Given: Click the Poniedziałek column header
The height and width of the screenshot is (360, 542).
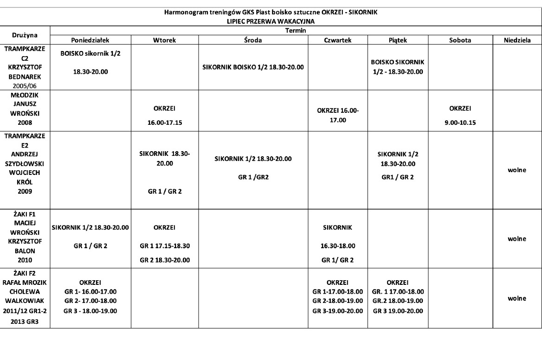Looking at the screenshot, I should coord(90,40).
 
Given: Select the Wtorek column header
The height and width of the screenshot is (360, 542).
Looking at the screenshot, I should coord(165,40).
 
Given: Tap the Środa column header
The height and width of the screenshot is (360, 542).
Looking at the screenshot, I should coord(253,40).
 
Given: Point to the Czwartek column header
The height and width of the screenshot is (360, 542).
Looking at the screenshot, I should coord(338,40).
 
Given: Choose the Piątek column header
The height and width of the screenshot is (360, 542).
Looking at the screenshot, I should coord(398,40).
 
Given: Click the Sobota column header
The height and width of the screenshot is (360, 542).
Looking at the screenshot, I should coord(460,40).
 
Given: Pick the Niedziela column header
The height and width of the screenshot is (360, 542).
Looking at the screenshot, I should coord(517,40).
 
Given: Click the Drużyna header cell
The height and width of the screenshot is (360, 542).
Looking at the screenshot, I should coord(25,35).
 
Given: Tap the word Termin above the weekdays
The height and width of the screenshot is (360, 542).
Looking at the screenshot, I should coord(296,30).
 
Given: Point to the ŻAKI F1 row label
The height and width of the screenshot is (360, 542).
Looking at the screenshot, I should coord(25,237).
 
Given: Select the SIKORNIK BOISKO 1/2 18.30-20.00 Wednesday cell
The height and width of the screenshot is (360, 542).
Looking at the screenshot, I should coord(253,67).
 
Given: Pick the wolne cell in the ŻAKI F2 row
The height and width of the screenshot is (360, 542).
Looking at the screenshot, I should coord(517,298).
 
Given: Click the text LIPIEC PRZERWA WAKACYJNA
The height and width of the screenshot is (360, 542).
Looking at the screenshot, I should coord(271,21).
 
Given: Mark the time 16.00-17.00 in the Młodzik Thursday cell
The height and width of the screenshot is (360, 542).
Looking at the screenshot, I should coord(338,116).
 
